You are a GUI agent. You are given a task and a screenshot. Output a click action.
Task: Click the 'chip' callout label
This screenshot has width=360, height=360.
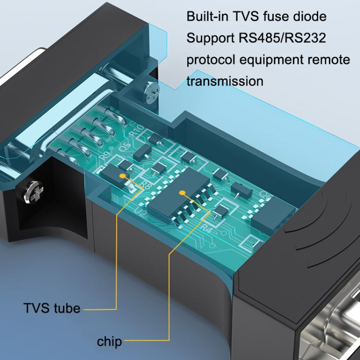tap(109, 342)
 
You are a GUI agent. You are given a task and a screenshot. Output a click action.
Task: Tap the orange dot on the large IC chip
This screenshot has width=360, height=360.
tap(182, 192)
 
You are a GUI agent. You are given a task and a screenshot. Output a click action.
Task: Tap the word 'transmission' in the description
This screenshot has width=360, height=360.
tap(225, 81)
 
